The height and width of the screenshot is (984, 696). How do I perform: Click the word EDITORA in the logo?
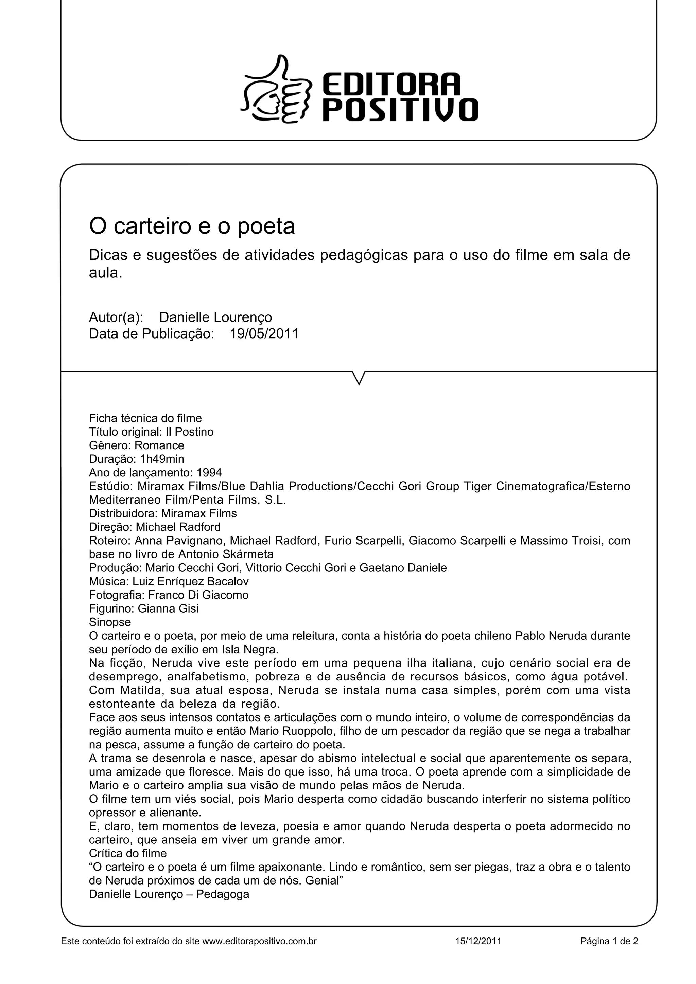pos(391,84)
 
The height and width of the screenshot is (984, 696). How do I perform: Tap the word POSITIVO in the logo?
pos(400,110)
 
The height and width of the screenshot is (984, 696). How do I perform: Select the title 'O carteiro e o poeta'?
pos(192,226)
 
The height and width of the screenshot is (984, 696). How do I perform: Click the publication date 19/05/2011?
pos(264,333)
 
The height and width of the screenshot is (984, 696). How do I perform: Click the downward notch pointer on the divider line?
pos(359,377)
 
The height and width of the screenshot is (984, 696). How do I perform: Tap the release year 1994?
pos(209,473)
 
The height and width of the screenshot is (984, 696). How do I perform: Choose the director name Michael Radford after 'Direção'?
pos(178,527)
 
